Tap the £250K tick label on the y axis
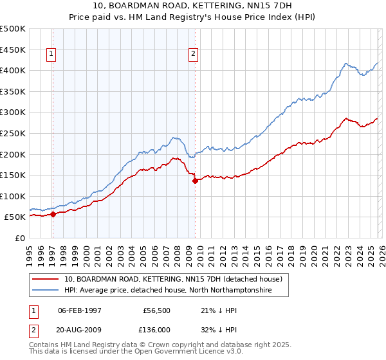[13, 133]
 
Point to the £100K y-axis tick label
[13, 196]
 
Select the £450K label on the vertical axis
[13, 50]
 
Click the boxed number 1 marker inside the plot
[51, 55]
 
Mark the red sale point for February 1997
[53, 214]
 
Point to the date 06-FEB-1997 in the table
[79, 310]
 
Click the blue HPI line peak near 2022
[345, 64]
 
